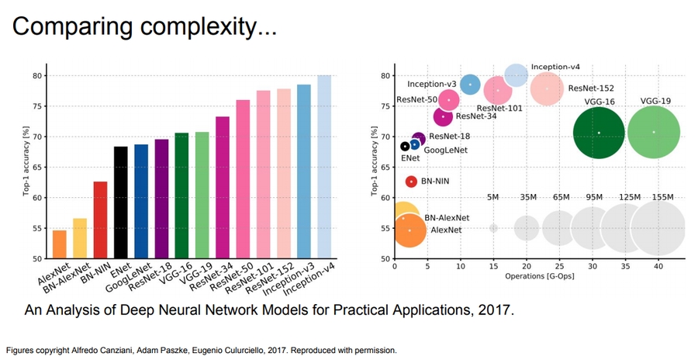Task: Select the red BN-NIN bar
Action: [x=100, y=220]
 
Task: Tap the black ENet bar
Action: [x=120, y=202]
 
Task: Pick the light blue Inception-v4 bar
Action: [x=323, y=167]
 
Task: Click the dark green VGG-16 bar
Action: [x=181, y=196]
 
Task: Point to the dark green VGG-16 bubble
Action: [x=599, y=133]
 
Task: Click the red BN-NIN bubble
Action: [x=411, y=182]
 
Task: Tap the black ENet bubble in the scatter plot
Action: [x=405, y=146]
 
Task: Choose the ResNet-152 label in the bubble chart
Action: [x=591, y=88]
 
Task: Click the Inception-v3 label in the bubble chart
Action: [x=431, y=84]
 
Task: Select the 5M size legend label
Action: [x=493, y=197]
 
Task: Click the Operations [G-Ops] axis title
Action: [x=540, y=275]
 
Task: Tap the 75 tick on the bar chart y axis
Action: [x=36, y=106]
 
